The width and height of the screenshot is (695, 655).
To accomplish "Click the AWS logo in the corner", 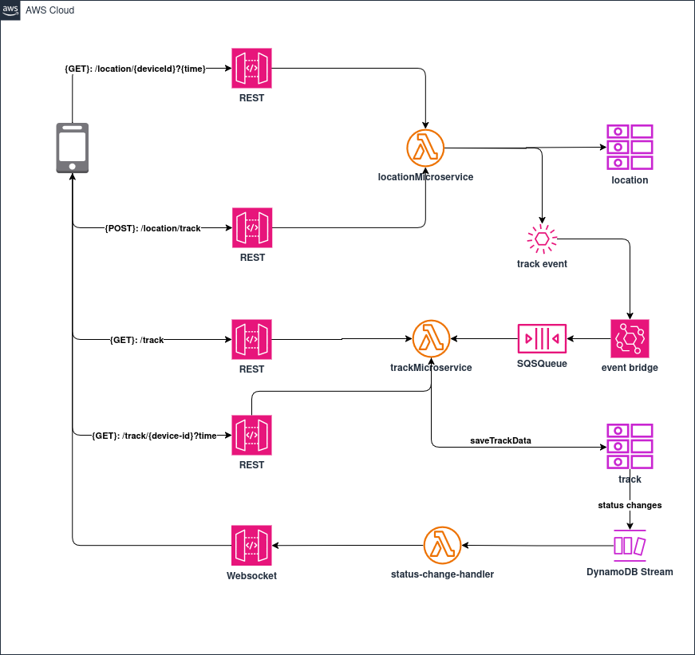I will tap(10, 10).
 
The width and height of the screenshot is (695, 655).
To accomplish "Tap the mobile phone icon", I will tap(72, 148).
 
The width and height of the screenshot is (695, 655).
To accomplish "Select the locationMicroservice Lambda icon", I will tap(425, 148).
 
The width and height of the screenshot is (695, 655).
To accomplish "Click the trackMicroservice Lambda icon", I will tap(432, 339).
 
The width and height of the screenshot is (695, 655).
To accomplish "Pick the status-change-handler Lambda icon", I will tap(443, 546).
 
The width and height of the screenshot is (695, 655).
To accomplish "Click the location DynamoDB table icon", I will tap(630, 147).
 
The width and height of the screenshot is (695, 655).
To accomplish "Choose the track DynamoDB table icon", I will tap(630, 447).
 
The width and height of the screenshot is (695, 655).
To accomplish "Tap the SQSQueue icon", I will tap(542, 339).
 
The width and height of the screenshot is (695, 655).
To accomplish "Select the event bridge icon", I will tap(630, 339).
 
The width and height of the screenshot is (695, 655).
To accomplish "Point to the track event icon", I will tap(542, 239).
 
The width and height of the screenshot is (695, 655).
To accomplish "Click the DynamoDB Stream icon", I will tap(630, 546).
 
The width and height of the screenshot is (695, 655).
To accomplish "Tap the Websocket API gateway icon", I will tap(251, 546).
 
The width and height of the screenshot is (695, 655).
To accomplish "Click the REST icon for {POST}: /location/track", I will tap(251, 228).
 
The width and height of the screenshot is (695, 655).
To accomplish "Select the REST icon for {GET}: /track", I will tap(251, 339).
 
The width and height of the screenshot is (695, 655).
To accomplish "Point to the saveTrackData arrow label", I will tap(500, 440).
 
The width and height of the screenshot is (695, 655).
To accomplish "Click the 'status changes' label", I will tap(630, 505).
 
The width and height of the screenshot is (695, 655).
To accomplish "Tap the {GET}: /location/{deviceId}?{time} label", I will tap(136, 69).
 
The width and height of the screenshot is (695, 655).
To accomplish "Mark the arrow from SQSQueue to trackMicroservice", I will tap(484, 339).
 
